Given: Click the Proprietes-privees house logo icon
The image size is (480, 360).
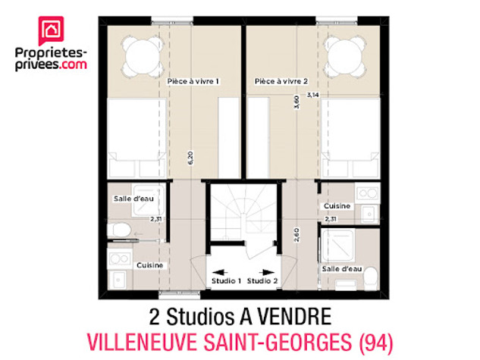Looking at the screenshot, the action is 51,30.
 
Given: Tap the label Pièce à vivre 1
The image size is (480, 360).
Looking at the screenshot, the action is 193,81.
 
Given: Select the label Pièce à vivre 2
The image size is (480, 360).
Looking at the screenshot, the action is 281,81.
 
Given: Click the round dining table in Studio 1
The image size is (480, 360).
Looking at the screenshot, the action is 142,56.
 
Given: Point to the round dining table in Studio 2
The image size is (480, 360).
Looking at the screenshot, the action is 345,56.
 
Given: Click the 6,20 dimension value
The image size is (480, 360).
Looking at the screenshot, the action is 191,158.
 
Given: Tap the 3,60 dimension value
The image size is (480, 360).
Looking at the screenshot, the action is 296,102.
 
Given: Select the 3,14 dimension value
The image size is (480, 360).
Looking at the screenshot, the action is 313,95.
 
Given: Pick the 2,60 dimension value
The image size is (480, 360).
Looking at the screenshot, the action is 296,235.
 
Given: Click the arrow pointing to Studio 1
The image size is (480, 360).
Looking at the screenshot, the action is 220,272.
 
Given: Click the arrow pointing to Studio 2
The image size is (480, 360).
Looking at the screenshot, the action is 267,272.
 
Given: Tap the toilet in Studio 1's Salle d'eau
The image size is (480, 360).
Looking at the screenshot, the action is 119,230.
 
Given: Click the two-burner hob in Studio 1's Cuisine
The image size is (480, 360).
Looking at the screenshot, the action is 119,258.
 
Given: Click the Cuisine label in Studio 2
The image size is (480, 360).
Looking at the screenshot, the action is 337,206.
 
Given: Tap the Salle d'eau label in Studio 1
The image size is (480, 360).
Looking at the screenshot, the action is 133,199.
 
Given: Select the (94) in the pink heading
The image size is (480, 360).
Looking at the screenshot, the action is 375,343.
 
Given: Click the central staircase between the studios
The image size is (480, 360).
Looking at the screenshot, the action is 244,213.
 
